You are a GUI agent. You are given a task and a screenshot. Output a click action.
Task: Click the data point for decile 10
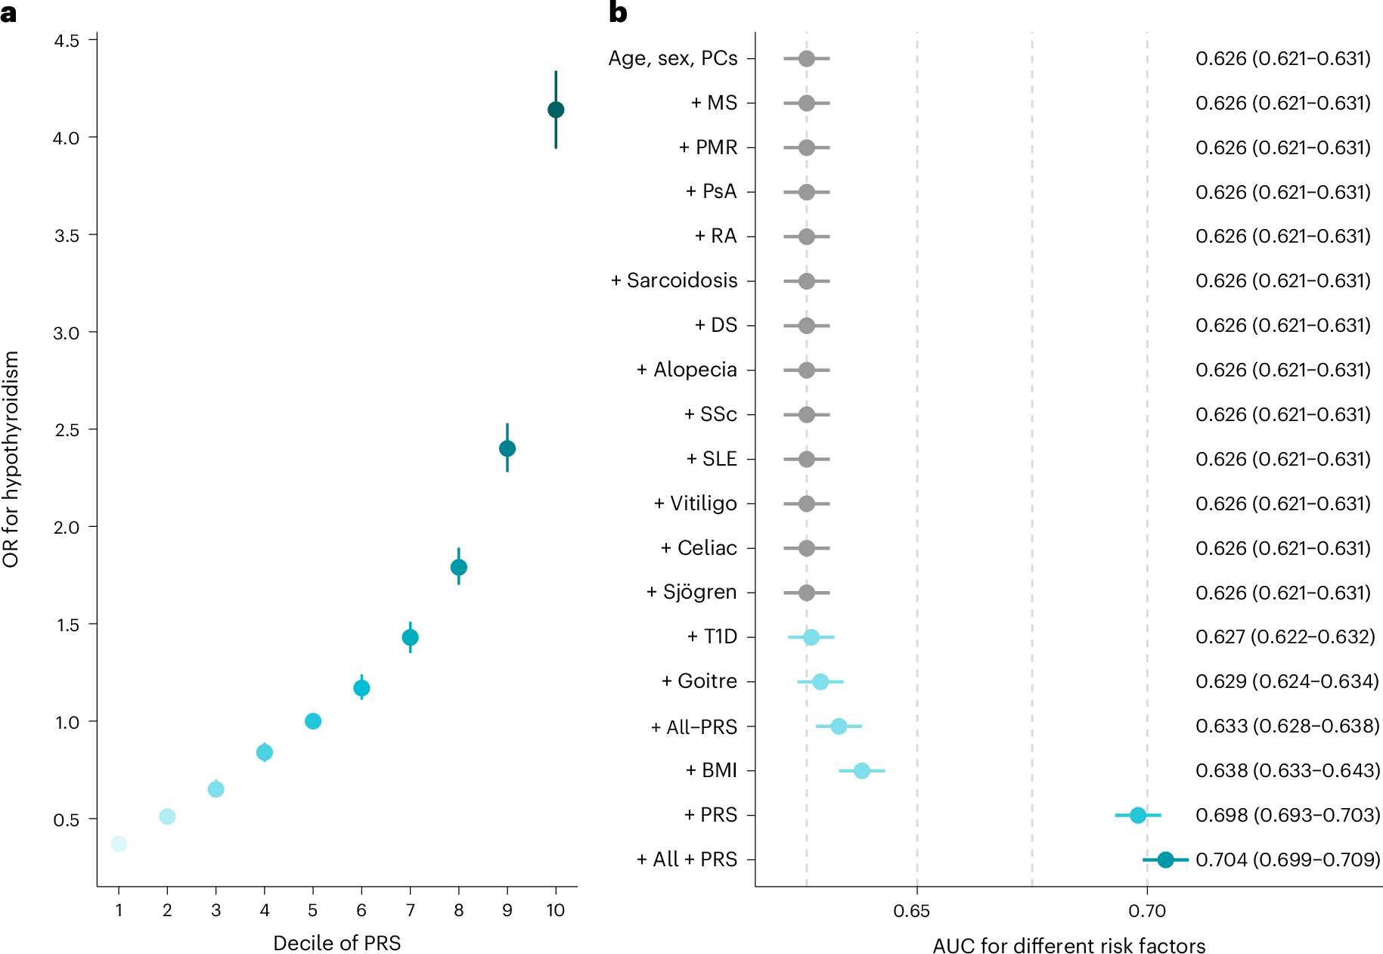[x=556, y=110]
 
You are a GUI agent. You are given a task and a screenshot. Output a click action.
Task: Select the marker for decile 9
[x=507, y=448]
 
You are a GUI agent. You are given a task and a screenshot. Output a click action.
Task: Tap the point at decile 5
[x=313, y=721]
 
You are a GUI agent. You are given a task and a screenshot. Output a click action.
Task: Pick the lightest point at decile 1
[x=119, y=844]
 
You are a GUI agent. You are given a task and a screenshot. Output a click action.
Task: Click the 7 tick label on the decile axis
[x=410, y=910]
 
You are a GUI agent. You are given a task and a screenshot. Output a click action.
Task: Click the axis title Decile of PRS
[x=336, y=943]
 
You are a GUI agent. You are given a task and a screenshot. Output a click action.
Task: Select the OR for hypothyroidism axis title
[x=11, y=459]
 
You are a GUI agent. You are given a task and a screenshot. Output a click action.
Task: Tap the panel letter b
[x=618, y=12]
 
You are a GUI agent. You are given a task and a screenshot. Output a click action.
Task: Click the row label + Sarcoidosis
[x=674, y=280]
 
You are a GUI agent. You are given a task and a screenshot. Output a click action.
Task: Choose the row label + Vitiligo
[x=695, y=503]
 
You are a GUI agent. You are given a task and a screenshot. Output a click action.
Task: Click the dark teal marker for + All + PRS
[x=1165, y=860]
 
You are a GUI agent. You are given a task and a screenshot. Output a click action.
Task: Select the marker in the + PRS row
[x=1138, y=815]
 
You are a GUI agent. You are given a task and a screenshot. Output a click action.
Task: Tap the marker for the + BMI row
[x=861, y=771]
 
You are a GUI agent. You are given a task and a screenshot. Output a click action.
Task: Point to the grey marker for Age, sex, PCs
[x=807, y=58]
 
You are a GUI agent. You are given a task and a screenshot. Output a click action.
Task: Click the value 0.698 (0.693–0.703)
[x=1287, y=815]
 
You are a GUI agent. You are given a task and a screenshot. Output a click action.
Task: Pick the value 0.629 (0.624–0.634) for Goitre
[x=1287, y=681]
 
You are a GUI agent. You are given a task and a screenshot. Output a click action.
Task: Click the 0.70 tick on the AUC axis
[x=1147, y=911]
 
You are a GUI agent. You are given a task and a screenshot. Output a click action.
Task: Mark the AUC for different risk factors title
[x=1068, y=946]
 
